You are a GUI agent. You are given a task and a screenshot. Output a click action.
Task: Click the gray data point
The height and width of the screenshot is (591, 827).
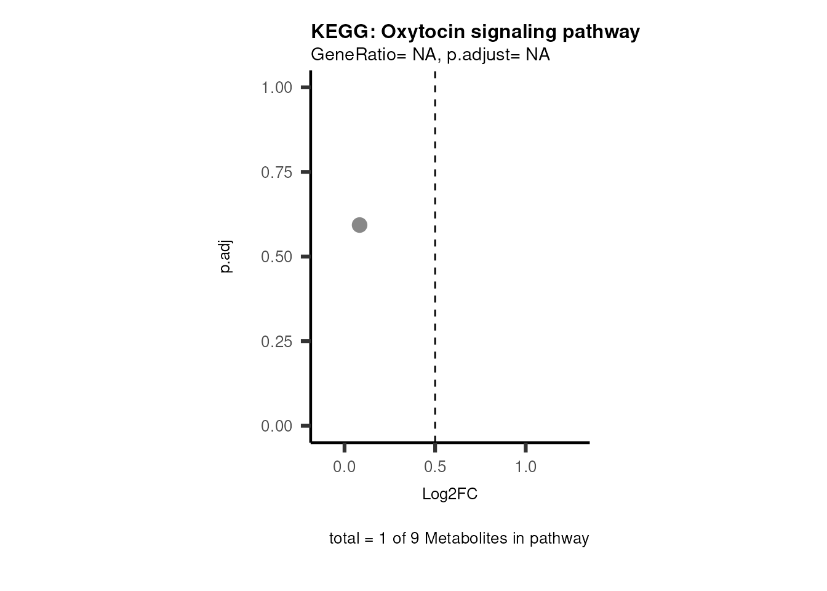point(359,225)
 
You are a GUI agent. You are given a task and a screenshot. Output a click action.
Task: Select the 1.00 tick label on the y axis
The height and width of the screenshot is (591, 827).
point(276,87)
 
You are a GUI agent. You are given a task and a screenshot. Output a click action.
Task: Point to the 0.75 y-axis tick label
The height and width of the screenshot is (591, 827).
point(276,172)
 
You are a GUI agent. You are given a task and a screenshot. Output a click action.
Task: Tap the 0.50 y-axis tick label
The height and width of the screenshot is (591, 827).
point(276,257)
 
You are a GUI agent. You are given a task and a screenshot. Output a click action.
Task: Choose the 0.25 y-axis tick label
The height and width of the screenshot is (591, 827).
point(276,342)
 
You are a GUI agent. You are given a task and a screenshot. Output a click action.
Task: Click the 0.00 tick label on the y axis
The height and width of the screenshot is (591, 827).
point(276,426)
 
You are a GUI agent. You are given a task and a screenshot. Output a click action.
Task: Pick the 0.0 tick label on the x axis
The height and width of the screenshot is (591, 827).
point(345,467)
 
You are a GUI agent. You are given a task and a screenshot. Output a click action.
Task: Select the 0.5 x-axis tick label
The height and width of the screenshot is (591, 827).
point(435,467)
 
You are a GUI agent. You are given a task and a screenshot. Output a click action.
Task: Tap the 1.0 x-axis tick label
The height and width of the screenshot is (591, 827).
point(525,467)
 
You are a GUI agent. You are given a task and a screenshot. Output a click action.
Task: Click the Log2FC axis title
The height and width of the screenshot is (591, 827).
point(450,494)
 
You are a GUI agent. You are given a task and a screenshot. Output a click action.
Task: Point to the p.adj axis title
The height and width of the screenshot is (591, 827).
point(226,257)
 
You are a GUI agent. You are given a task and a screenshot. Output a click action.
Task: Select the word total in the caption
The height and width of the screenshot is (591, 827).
point(345,539)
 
